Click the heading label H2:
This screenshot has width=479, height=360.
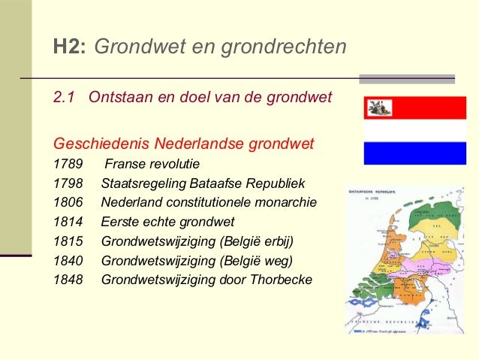pos(70,47)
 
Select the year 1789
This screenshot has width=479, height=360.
pos(68,163)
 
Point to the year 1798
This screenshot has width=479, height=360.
pos(68,183)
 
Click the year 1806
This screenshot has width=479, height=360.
pos(68,202)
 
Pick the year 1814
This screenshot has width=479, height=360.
pos(68,222)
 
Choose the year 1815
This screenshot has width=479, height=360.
pos(68,241)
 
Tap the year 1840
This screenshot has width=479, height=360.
pos(68,261)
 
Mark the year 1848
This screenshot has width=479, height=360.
pos(68,280)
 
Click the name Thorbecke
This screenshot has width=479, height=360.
pos(284,280)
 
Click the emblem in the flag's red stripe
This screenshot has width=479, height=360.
pos(379,108)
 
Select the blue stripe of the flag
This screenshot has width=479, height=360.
pos(414,153)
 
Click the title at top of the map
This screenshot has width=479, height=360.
pos(376,193)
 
